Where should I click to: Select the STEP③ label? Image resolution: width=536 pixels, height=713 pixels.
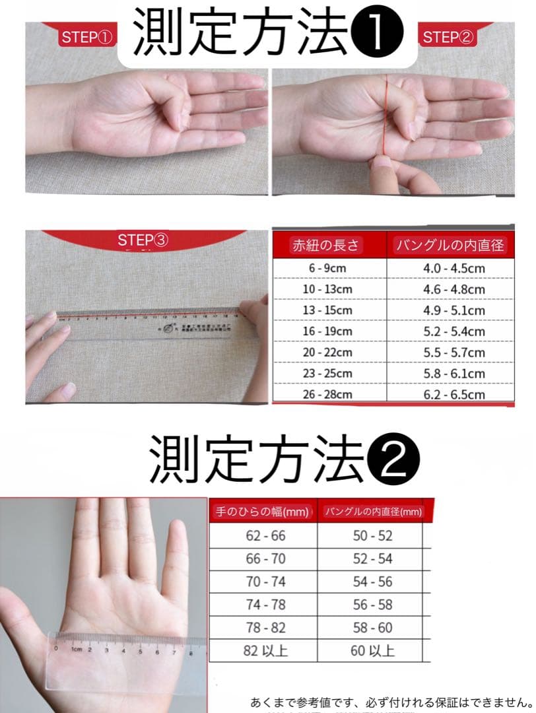[x=143, y=240]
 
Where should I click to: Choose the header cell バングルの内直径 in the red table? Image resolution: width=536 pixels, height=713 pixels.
[x=450, y=246]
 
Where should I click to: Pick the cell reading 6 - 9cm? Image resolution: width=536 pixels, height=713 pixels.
[x=327, y=269]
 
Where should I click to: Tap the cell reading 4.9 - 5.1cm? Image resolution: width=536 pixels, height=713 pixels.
[x=453, y=310]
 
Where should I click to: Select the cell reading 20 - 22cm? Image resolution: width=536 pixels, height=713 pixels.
[x=327, y=353]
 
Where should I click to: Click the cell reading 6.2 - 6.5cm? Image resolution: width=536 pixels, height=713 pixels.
[x=453, y=395]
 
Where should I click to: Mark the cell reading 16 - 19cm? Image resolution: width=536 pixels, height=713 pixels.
[x=327, y=331]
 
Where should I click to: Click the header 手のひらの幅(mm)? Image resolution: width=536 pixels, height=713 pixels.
[x=262, y=512]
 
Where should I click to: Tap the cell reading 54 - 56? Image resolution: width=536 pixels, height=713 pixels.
[x=372, y=582]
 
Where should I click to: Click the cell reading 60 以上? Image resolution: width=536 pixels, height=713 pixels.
[x=372, y=650]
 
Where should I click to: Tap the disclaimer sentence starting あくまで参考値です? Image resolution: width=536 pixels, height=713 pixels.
[x=391, y=701]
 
